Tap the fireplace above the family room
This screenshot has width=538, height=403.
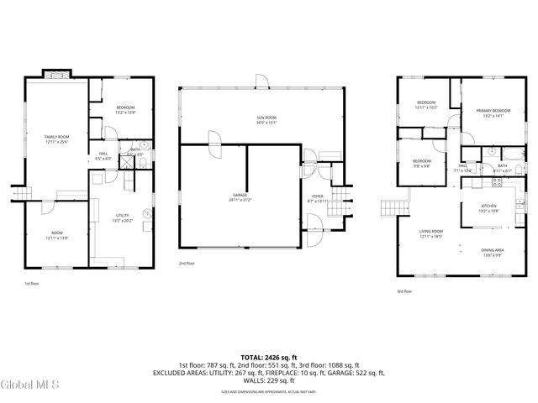pos(57,73)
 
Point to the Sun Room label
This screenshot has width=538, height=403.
pos(266,118)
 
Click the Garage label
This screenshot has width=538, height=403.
pos(240,197)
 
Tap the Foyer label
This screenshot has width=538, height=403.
pos(317,197)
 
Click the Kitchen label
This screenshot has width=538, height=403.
pos(488,207)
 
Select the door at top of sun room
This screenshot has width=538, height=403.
pos(261,81)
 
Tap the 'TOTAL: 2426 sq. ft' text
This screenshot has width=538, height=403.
pos(268,355)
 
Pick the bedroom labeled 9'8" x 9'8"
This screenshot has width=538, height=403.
pos(421,163)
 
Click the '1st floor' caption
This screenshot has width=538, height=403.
pos(32,284)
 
